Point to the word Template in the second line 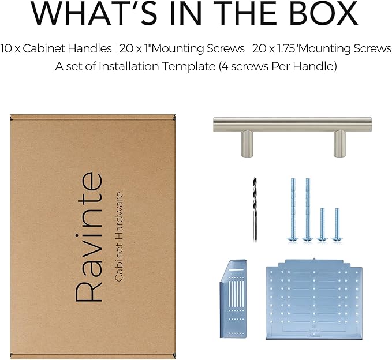pyautogui.click(x=189, y=66)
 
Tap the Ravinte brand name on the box pyautogui.click(x=89, y=237)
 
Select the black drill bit pyautogui.click(x=255, y=209)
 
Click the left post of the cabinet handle pyautogui.click(x=247, y=144)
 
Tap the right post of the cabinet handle pyautogui.click(x=339, y=144)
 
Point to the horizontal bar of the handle pyautogui.click(x=293, y=124)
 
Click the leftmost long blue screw pyautogui.click(x=293, y=209)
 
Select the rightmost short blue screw pyautogui.click(x=337, y=224)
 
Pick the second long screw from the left pyautogui.click(x=308, y=209)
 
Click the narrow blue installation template pyautogui.click(x=234, y=299)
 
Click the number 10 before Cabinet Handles pyautogui.click(x=6, y=48)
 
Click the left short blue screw pyautogui.click(x=322, y=224)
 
